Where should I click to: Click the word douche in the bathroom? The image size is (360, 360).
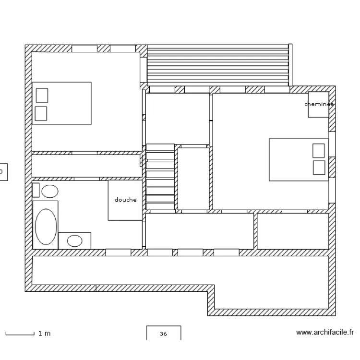coord(125,200)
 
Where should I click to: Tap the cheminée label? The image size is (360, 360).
coord(319,104)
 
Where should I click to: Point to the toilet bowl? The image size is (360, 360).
coord(49,192)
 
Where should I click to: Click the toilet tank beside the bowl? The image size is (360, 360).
coord(36,190)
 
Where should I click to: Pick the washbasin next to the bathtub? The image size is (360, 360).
coord(74,240)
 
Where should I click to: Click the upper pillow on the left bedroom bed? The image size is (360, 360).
coord(42,96)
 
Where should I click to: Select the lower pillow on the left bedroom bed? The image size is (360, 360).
coord(41,113)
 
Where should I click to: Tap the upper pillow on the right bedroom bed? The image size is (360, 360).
coord(318,150)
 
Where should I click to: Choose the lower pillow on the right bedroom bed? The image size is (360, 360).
coord(318,167)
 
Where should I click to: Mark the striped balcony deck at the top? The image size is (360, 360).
coord(218,65)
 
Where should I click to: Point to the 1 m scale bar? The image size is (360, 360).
coord(20,333)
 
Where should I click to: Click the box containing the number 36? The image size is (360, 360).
coord(163,334)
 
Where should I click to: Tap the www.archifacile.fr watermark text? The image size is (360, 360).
coord(325,332)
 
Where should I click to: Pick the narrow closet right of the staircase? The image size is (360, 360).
coord(193,179)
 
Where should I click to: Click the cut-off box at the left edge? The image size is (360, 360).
coord(3,170)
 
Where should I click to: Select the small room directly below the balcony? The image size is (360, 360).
coord(177,118)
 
